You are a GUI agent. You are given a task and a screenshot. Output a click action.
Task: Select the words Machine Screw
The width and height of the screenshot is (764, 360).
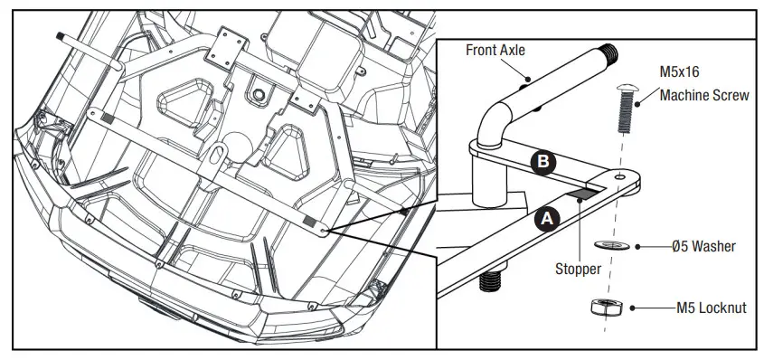coord(703,95)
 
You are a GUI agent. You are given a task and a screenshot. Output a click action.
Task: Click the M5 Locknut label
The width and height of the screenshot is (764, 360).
coord(711,308)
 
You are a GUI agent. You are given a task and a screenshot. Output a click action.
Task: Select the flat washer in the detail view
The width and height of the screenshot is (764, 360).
coord(608,245)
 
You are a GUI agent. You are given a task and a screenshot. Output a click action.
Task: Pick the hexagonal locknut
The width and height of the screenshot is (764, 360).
coord(602,308)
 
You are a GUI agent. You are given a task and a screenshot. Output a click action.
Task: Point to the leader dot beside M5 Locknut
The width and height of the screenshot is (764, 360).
coord(637,308)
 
